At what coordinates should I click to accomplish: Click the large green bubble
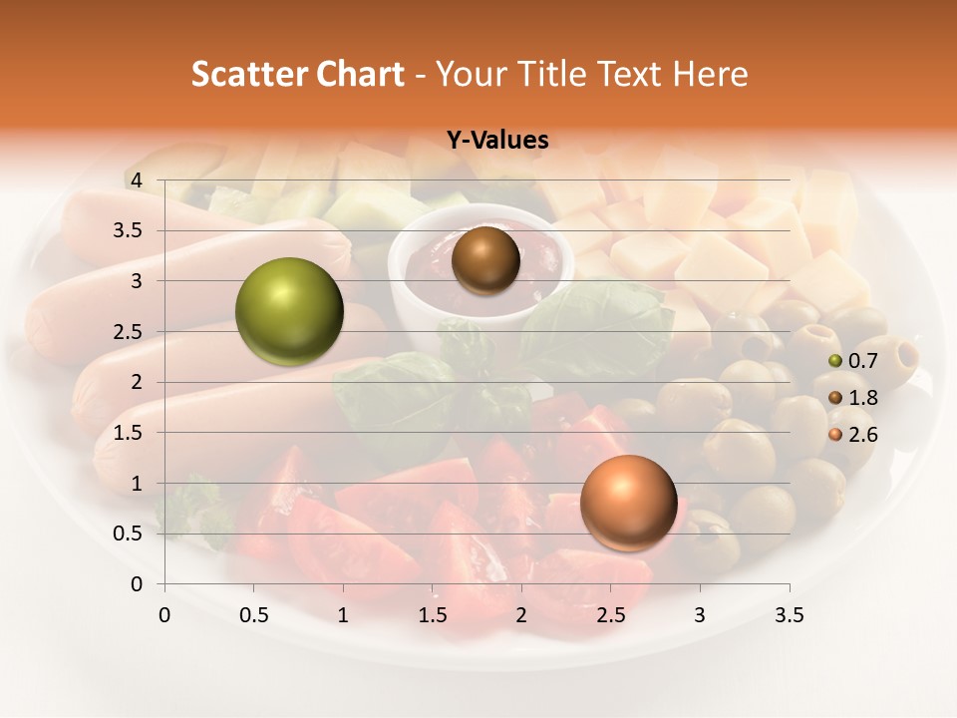(x=289, y=311)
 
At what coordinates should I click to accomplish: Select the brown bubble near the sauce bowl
(x=485, y=260)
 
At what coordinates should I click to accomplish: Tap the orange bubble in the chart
(x=628, y=503)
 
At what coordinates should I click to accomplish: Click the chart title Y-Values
(x=497, y=141)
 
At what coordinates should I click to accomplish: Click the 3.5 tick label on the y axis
(x=130, y=230)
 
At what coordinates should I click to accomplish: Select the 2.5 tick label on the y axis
(x=130, y=331)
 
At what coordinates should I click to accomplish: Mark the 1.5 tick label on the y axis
(x=130, y=433)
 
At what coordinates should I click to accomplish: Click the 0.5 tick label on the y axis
(x=130, y=534)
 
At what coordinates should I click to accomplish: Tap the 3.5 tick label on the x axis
(x=789, y=615)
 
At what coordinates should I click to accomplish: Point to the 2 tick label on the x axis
(x=521, y=615)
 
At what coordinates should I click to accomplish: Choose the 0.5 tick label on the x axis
(x=254, y=615)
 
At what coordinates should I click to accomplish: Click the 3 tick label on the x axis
(x=700, y=615)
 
